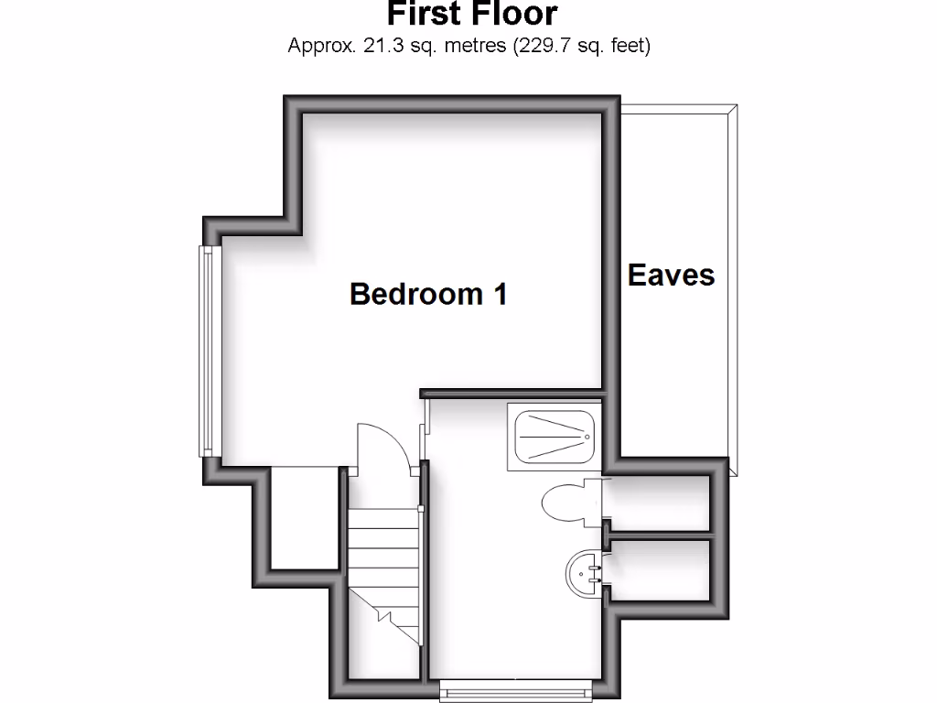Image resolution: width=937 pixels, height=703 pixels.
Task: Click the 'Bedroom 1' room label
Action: tap(428, 294)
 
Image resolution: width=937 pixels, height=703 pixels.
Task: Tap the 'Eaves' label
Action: tap(671, 275)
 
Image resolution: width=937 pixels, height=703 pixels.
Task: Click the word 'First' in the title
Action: tap(421, 14)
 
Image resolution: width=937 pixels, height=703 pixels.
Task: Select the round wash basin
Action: tap(583, 573)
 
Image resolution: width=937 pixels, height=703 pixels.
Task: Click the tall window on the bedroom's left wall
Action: tap(210, 351)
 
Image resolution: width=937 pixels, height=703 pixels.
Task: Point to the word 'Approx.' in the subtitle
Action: tap(323, 45)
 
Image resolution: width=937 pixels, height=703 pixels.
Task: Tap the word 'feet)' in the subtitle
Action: tap(628, 45)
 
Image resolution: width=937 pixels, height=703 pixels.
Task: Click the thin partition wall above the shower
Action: tap(512, 394)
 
